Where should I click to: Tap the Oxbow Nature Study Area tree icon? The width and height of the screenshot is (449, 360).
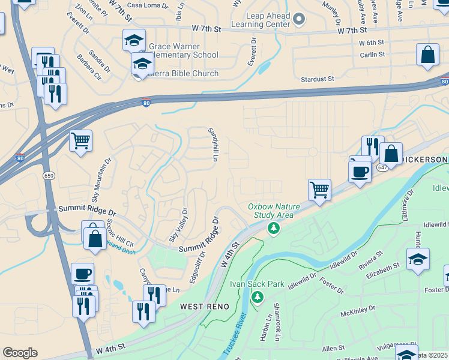click(x=274, y=228)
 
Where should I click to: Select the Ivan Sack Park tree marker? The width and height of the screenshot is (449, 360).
click(x=258, y=297)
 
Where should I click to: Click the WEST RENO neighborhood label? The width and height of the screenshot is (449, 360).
click(x=205, y=307)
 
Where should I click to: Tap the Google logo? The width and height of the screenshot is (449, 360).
click(x=20, y=352)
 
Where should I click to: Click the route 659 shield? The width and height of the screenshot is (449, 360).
click(x=48, y=175)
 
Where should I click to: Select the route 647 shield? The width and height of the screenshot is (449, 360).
click(x=382, y=168)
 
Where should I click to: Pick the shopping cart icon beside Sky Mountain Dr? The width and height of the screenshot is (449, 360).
click(x=80, y=142)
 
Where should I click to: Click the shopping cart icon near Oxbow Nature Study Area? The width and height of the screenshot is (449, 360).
click(x=320, y=190)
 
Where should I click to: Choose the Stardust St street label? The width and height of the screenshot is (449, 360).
click(x=318, y=79)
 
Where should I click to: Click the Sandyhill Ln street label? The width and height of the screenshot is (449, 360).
click(x=212, y=143)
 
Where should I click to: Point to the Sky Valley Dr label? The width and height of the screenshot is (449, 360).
click(x=178, y=225)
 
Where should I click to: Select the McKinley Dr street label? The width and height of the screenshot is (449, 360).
click(x=357, y=310)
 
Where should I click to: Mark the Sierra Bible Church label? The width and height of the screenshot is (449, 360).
click(x=184, y=74)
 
